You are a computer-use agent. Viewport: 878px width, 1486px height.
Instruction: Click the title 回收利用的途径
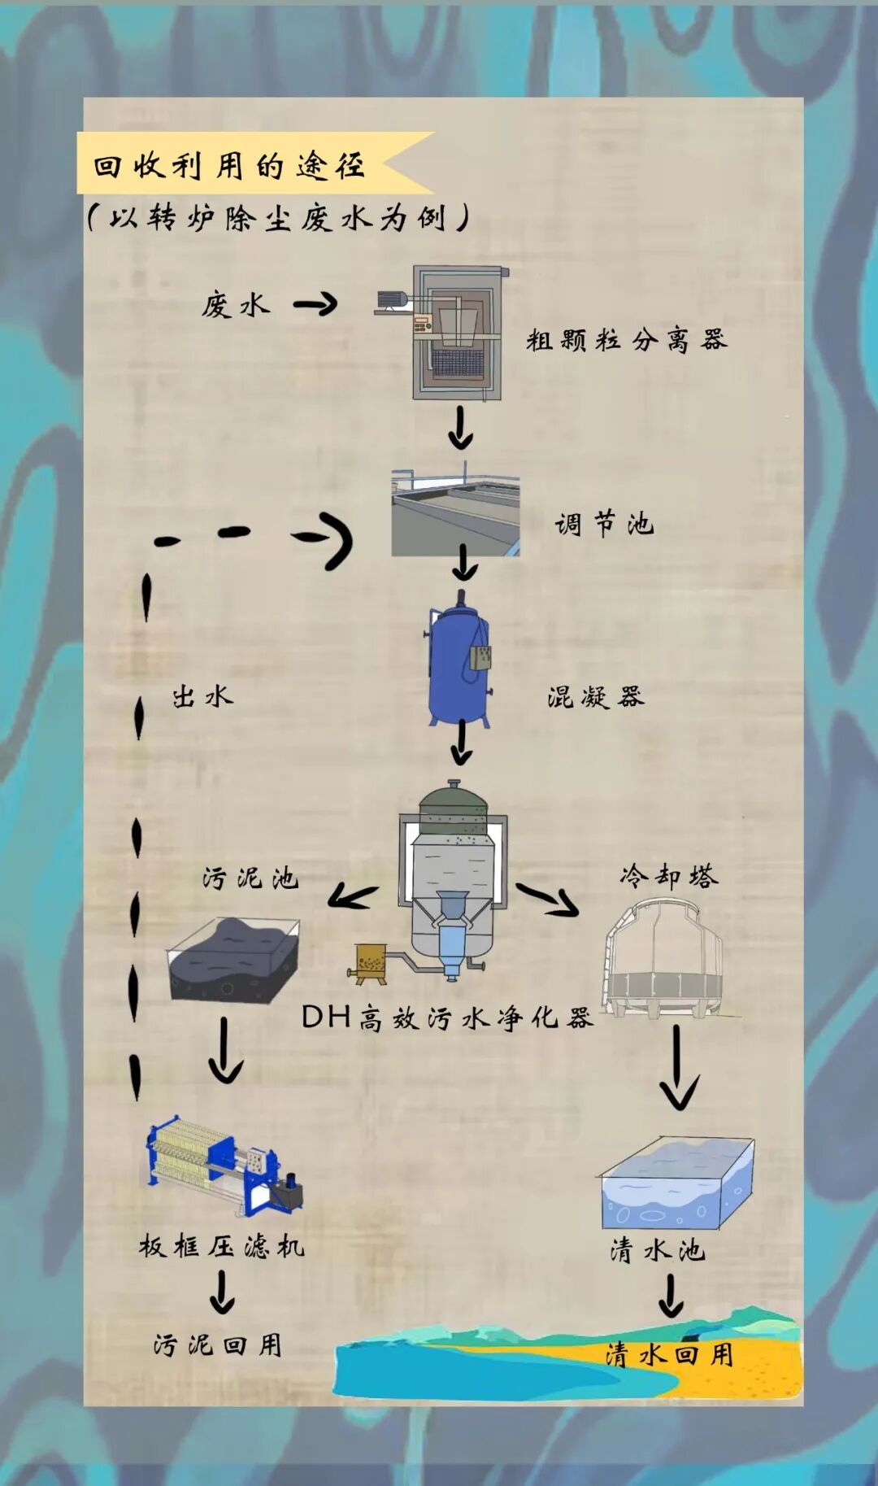pos(229,166)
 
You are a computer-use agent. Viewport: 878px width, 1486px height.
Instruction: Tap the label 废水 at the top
pos(235,306)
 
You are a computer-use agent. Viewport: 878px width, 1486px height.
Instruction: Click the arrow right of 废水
pos(316,305)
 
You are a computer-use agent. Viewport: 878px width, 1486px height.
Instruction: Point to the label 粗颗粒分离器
pos(626,340)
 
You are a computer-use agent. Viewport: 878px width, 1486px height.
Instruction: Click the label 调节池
pos(604,525)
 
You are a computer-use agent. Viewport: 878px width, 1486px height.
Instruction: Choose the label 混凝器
pos(596,697)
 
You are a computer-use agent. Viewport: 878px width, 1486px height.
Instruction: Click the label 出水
pos(202,696)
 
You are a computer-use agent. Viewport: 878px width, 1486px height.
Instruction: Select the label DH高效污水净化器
pos(447,1018)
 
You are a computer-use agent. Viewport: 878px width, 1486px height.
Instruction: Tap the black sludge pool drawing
pos(233,960)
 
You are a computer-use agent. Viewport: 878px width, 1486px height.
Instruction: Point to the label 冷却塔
pos(669,876)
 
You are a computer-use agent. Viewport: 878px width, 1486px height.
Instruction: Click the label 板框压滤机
pos(221,1246)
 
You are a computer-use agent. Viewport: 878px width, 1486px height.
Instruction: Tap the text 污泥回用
pos(218,1344)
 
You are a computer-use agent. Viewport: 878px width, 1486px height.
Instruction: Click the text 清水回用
pos(669,1354)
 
